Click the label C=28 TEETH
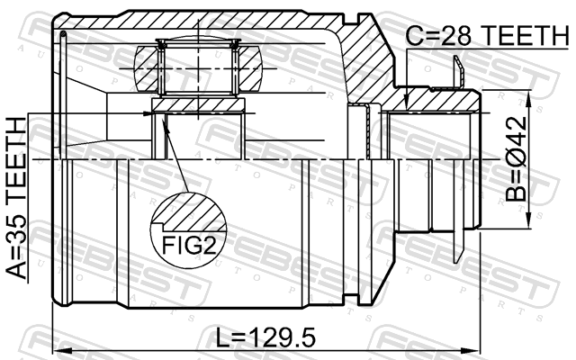(487, 35)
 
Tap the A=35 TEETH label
(17, 198)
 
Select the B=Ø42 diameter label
(516, 159)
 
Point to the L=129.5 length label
(265, 337)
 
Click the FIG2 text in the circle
(188, 246)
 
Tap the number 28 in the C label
(455, 35)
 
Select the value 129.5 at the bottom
(281, 337)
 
